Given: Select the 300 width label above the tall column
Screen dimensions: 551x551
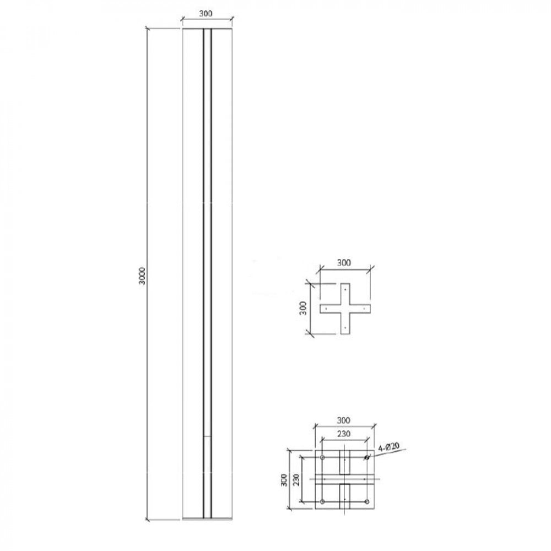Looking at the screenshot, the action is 206,14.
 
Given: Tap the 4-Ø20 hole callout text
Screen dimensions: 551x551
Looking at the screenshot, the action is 390,447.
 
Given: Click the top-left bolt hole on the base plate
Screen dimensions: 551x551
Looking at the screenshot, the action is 322,457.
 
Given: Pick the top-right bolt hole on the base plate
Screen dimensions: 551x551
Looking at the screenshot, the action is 367,457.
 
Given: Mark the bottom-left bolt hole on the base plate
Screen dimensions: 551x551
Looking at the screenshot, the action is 322,501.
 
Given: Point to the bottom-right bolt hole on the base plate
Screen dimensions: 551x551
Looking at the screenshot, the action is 367,501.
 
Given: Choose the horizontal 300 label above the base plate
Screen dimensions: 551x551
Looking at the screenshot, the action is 344,420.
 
